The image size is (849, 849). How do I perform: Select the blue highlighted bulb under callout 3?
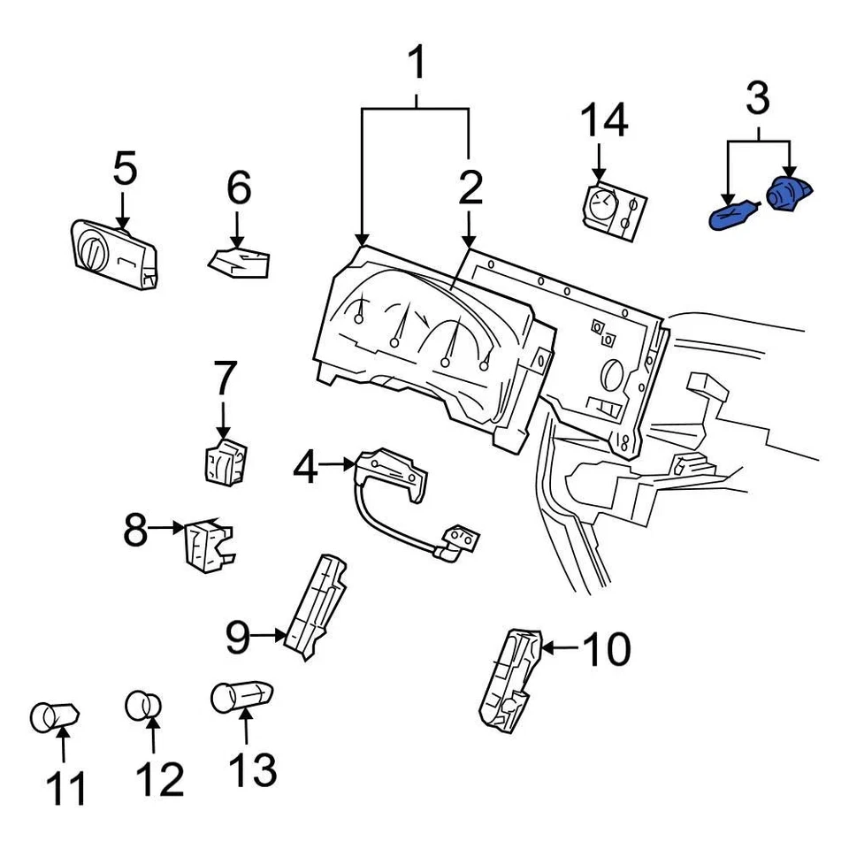pyautogui.click(x=733, y=215)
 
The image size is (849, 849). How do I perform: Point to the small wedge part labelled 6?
pyautogui.click(x=239, y=261)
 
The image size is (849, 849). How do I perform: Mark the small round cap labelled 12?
pyautogui.click(x=143, y=706)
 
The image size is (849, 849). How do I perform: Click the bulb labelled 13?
pyautogui.click(x=241, y=696)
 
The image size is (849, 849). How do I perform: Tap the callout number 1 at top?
pyautogui.click(x=416, y=65)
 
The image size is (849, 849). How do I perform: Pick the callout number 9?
pyautogui.click(x=237, y=637)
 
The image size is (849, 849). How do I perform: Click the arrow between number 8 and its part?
pyautogui.click(x=166, y=528)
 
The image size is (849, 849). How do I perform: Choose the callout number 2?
pyautogui.click(x=470, y=187)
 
